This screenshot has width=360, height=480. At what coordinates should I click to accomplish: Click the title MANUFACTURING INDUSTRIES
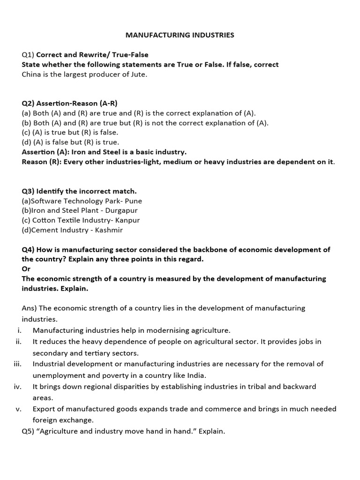click(180, 35)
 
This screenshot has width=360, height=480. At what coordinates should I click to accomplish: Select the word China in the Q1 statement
click(31, 74)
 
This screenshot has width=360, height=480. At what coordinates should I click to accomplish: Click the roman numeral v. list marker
click(19, 409)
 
